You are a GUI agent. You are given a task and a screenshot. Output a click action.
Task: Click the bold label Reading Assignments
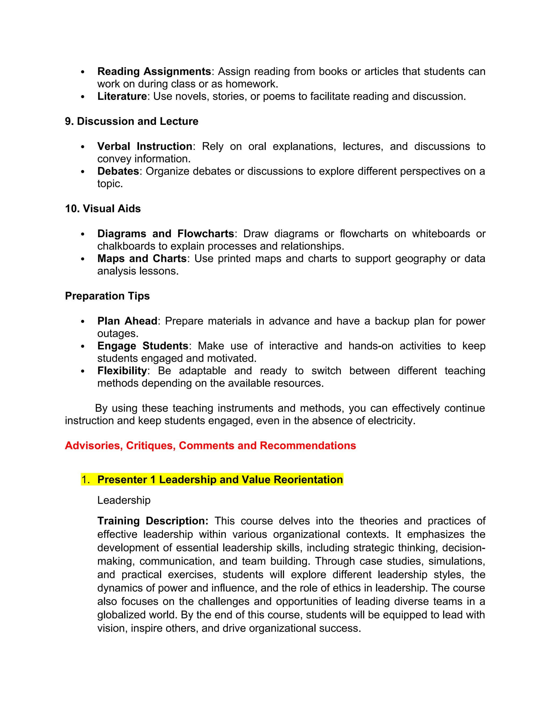tap(154, 72)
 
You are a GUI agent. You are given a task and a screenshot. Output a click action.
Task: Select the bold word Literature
tap(122, 96)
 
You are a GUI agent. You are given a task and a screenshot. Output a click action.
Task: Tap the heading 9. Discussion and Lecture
tap(132, 121)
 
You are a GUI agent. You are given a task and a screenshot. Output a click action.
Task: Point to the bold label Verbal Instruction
tap(144, 146)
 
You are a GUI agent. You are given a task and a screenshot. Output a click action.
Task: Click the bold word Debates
tap(118, 171)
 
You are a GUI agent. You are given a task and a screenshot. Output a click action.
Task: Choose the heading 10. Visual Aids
tap(103, 209)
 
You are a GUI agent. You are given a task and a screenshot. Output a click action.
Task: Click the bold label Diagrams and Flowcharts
tap(165, 234)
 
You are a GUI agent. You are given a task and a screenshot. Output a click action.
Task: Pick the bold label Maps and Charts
tap(142, 259)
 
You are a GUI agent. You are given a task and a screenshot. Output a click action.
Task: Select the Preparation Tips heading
tap(107, 296)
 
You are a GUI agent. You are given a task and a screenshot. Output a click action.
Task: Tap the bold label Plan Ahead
tap(127, 321)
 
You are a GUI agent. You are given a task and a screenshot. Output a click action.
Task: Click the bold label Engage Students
tap(143, 346)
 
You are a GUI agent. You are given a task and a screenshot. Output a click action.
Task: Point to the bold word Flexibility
tap(122, 371)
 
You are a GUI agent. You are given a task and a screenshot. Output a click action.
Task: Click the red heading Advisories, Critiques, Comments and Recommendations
tap(210, 446)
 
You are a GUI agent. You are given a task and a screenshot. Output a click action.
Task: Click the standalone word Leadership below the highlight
tap(124, 500)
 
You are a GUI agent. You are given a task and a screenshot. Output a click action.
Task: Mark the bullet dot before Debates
tap(83, 172)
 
